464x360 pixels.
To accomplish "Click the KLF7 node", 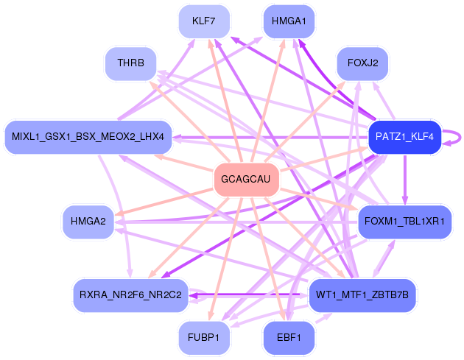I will click(204, 21).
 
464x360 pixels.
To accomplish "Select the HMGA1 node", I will click(289, 21).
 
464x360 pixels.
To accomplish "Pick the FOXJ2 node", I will click(362, 63).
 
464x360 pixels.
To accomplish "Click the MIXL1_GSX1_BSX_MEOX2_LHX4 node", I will click(88, 137).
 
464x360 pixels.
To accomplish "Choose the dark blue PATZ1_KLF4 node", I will click(404, 137).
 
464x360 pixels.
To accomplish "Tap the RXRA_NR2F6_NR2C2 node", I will click(130, 295).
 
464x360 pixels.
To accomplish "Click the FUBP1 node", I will click(204, 337).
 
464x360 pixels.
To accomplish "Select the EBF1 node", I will click(289, 337).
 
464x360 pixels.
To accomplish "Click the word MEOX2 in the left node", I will click(122, 137).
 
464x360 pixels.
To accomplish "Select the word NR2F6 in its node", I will click(131, 295).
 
